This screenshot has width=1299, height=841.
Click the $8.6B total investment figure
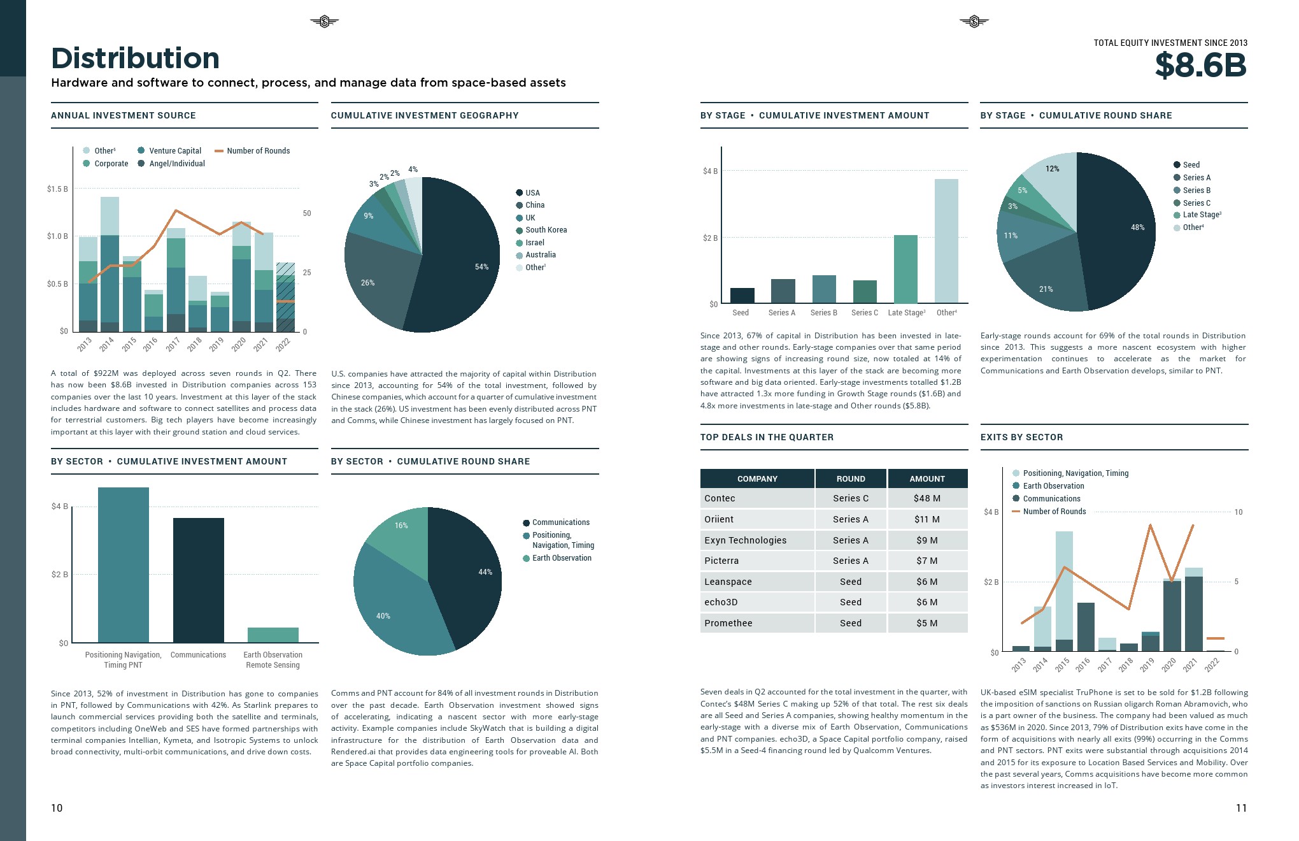click(1200, 65)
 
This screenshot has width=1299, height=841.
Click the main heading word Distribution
click(135, 59)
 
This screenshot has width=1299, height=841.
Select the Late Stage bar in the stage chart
click(905, 269)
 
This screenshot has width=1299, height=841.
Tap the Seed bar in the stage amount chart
click(742, 296)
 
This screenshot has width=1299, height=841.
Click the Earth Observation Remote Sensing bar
click(273, 635)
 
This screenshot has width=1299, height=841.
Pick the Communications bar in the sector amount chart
click(198, 580)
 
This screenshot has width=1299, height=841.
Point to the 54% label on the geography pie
click(481, 267)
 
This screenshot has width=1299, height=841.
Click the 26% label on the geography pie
click(367, 283)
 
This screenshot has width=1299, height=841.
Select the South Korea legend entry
click(546, 230)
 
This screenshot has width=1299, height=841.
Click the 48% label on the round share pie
click(1137, 227)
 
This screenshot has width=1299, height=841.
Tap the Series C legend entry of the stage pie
click(1196, 203)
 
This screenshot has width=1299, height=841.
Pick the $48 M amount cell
click(926, 498)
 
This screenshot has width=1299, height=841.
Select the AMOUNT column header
click(926, 478)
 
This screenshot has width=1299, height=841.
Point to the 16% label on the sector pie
click(401, 526)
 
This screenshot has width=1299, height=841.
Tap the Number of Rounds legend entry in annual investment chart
click(257, 151)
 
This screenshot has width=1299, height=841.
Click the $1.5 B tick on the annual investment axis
click(57, 189)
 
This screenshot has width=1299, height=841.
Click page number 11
click(1240, 808)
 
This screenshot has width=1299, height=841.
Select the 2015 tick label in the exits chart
click(1061, 665)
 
